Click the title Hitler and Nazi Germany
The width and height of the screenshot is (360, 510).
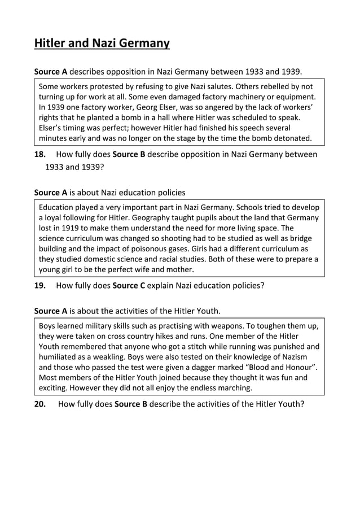coord(102,43)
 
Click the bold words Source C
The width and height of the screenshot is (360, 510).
coord(128,285)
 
